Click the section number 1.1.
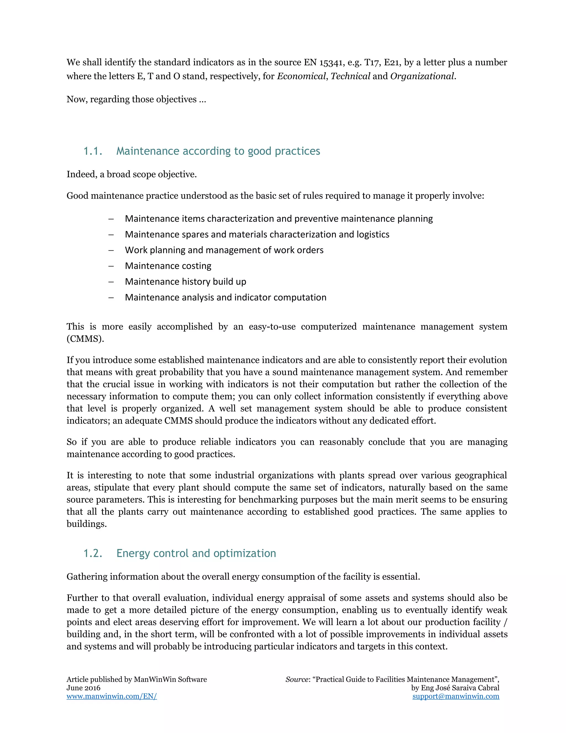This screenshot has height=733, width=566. [x=93, y=151]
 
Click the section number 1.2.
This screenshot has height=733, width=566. [x=93, y=553]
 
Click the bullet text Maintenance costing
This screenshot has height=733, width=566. [x=168, y=266]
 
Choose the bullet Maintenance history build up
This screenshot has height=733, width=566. [x=185, y=282]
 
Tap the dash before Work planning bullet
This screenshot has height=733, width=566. [x=111, y=250]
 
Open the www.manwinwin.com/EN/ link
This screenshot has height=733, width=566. [x=112, y=696]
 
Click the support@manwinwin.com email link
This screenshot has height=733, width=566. [x=456, y=696]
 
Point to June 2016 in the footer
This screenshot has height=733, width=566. [x=83, y=688]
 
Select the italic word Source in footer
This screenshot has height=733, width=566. [x=297, y=679]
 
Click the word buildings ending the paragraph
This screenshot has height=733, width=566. [x=86, y=524]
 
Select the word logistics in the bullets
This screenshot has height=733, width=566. [x=373, y=234]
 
